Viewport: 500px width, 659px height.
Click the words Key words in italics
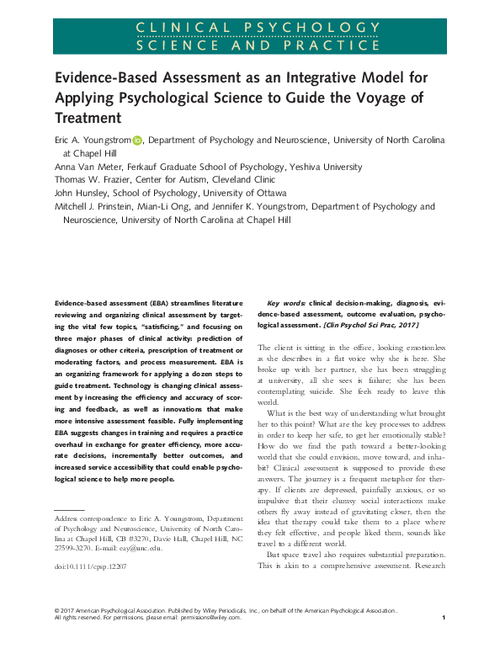pyautogui.click(x=286, y=301)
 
